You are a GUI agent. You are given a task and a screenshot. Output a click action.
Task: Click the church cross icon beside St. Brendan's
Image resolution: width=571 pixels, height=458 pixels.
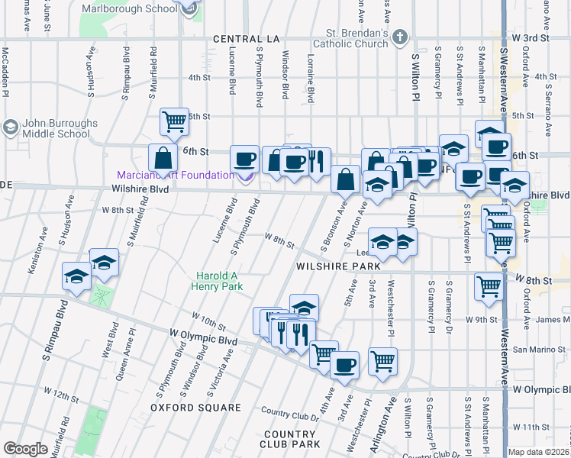click(399, 37)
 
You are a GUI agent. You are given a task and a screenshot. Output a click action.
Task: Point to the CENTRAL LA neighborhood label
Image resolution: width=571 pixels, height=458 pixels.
click(243, 39)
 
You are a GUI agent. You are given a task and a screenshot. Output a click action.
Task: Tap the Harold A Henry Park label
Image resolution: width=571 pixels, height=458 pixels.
click(219, 281)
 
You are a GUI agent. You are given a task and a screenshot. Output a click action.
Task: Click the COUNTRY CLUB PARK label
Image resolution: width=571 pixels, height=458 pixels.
click(289, 438)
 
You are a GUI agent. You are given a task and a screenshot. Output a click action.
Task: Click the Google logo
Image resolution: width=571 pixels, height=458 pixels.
click(25, 449)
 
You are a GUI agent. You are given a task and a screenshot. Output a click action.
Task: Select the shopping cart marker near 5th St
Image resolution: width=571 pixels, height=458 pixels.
click(175, 121)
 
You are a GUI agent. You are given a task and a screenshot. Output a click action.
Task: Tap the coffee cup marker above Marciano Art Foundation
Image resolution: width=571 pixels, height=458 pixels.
click(245, 159)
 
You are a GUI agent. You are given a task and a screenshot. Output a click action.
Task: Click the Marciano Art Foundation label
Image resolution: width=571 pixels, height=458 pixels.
click(175, 176)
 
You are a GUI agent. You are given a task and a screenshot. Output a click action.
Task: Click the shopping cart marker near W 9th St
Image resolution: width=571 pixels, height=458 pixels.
click(489, 287)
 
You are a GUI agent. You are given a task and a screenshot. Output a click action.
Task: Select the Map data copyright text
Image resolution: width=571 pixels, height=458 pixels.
click(539, 452)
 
